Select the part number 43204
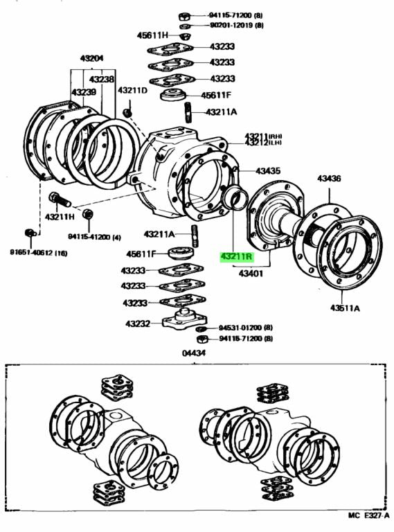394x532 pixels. pyautogui.click(x=91, y=59)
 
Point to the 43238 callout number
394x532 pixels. pyautogui.click(x=103, y=80)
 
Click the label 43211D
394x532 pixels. pyautogui.click(x=132, y=91)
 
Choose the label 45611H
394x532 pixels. pyautogui.click(x=152, y=35)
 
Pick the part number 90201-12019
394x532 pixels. pyautogui.click(x=233, y=25)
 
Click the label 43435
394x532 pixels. pyautogui.click(x=268, y=170)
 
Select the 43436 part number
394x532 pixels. pyautogui.click(x=330, y=179)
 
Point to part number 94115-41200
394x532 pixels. pyautogui.click(x=94, y=237)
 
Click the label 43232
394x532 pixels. pyautogui.click(x=138, y=323)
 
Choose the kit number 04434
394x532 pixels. pyautogui.click(x=195, y=353)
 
